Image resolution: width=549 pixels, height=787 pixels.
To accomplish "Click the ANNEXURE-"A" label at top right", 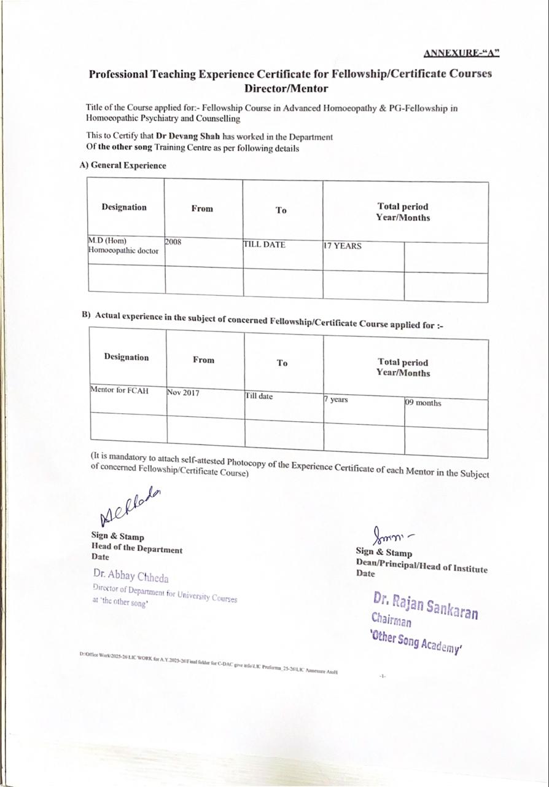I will coord(461,53).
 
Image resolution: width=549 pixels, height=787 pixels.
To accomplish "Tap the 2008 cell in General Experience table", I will coord(173,242).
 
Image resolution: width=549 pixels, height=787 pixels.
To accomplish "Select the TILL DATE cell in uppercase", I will coord(264,245).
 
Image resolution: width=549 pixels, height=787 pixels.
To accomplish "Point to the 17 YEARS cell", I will coord(342,246).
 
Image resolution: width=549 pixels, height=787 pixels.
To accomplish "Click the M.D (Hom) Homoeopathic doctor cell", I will coord(123,245).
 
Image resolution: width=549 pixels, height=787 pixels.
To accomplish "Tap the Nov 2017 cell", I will coord(183,392).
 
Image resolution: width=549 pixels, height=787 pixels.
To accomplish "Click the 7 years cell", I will coord(336,400).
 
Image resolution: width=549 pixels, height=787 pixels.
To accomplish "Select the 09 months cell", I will coord(422,403).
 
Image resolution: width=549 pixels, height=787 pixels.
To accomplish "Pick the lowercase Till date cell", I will coord(259,396).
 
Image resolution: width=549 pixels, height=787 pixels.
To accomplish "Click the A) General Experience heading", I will coord(123,165).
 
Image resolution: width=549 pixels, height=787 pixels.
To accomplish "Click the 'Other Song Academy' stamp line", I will coord(416,641).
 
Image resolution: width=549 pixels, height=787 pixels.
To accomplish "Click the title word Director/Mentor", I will coord(290,88).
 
